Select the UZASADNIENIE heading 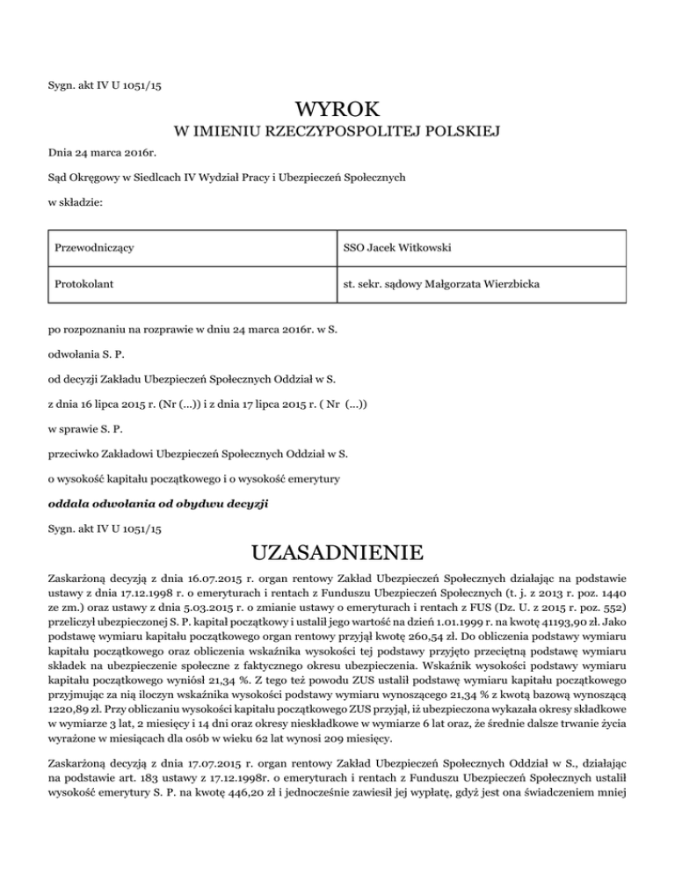tap(337, 555)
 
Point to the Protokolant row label tap(83, 285)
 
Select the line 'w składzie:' tap(75, 201)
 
